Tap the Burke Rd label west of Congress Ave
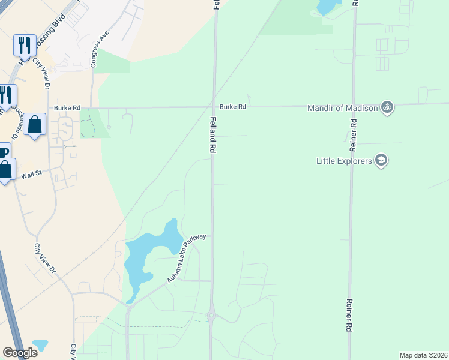(67, 108)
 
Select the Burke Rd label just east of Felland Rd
(233, 107)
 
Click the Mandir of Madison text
(342, 108)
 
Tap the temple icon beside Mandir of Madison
(387, 107)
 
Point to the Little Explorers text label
(344, 160)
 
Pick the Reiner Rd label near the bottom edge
(348, 316)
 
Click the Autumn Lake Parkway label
(187, 259)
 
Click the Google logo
(20, 353)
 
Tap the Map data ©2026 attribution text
(423, 355)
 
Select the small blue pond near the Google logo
(40, 345)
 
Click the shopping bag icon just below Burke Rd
(35, 125)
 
